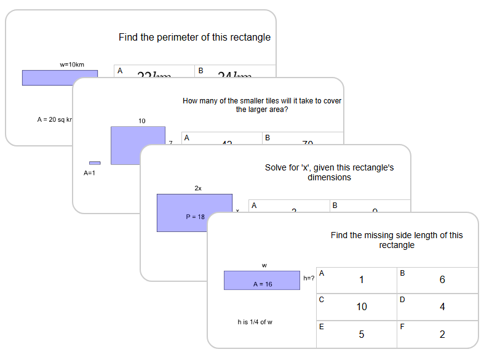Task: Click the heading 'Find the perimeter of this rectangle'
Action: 194,38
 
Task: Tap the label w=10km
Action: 72,64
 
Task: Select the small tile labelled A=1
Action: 95,163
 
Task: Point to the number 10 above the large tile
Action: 142,121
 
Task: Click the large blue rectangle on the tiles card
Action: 138,145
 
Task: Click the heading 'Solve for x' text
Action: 329,172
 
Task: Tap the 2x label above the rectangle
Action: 198,188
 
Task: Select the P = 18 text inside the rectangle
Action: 195,217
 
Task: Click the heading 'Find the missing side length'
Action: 397,240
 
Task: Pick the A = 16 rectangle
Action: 262,280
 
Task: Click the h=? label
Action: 309,278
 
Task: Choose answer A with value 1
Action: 357,280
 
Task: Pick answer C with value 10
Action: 357,306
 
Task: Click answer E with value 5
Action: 357,334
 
